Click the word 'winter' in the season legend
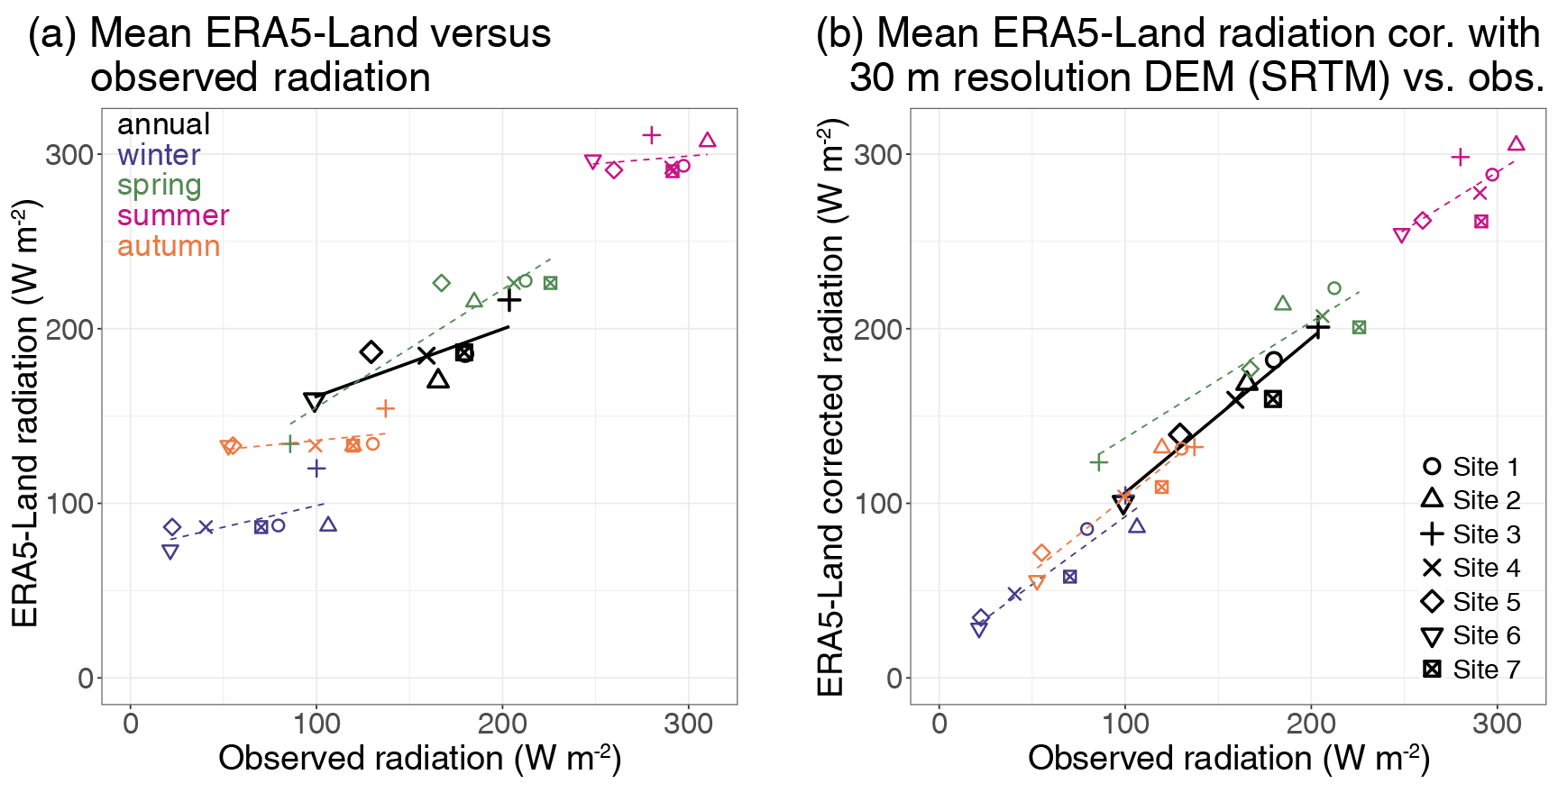158,155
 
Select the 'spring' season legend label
159,186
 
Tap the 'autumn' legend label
169,246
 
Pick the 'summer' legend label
173,216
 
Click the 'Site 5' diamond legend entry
1471,602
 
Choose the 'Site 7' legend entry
1471,670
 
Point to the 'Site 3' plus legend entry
1471,534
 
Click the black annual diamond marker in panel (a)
371,352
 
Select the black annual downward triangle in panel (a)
314,402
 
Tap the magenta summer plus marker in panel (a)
652,135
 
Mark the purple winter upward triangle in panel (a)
328,524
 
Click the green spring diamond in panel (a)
441,283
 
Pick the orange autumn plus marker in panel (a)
385,408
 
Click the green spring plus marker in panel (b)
1098,462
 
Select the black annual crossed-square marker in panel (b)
1273,398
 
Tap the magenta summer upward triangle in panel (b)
1517,144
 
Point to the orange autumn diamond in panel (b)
1041,553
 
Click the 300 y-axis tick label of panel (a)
69,154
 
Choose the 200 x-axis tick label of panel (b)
1311,724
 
